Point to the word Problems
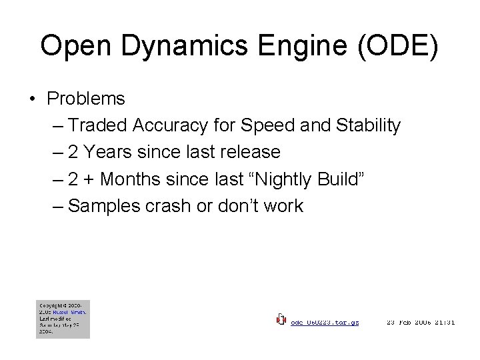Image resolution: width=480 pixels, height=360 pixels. [86, 99]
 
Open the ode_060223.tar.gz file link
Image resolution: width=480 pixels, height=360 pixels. [325, 322]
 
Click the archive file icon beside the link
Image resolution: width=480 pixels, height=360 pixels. [281, 320]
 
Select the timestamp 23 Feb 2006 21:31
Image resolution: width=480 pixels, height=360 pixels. [421, 322]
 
